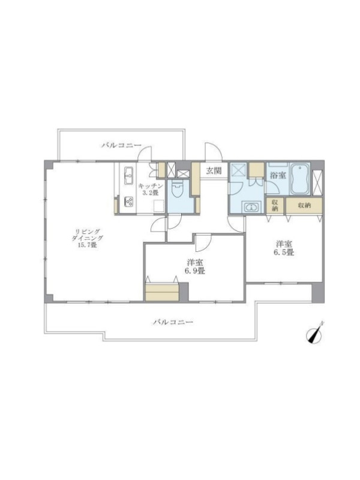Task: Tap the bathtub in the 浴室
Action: tap(300, 179)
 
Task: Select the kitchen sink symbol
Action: tap(128, 176)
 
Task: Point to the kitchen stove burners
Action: tap(128, 202)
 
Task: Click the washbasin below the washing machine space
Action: tap(251, 207)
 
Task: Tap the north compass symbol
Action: tap(313, 334)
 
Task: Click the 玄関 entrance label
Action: tap(214, 170)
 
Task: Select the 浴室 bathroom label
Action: tap(278, 175)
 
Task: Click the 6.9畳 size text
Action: tap(194, 271)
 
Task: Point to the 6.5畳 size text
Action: tap(284, 253)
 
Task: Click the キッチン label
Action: tap(151, 186)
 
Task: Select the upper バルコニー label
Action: tap(122, 145)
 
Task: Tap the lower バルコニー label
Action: tap(173, 322)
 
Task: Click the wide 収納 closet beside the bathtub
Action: tap(304, 206)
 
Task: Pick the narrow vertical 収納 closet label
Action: tap(275, 206)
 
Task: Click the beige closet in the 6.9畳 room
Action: tap(162, 292)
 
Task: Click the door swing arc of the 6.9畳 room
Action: tap(205, 241)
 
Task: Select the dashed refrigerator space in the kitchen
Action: tap(160, 205)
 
